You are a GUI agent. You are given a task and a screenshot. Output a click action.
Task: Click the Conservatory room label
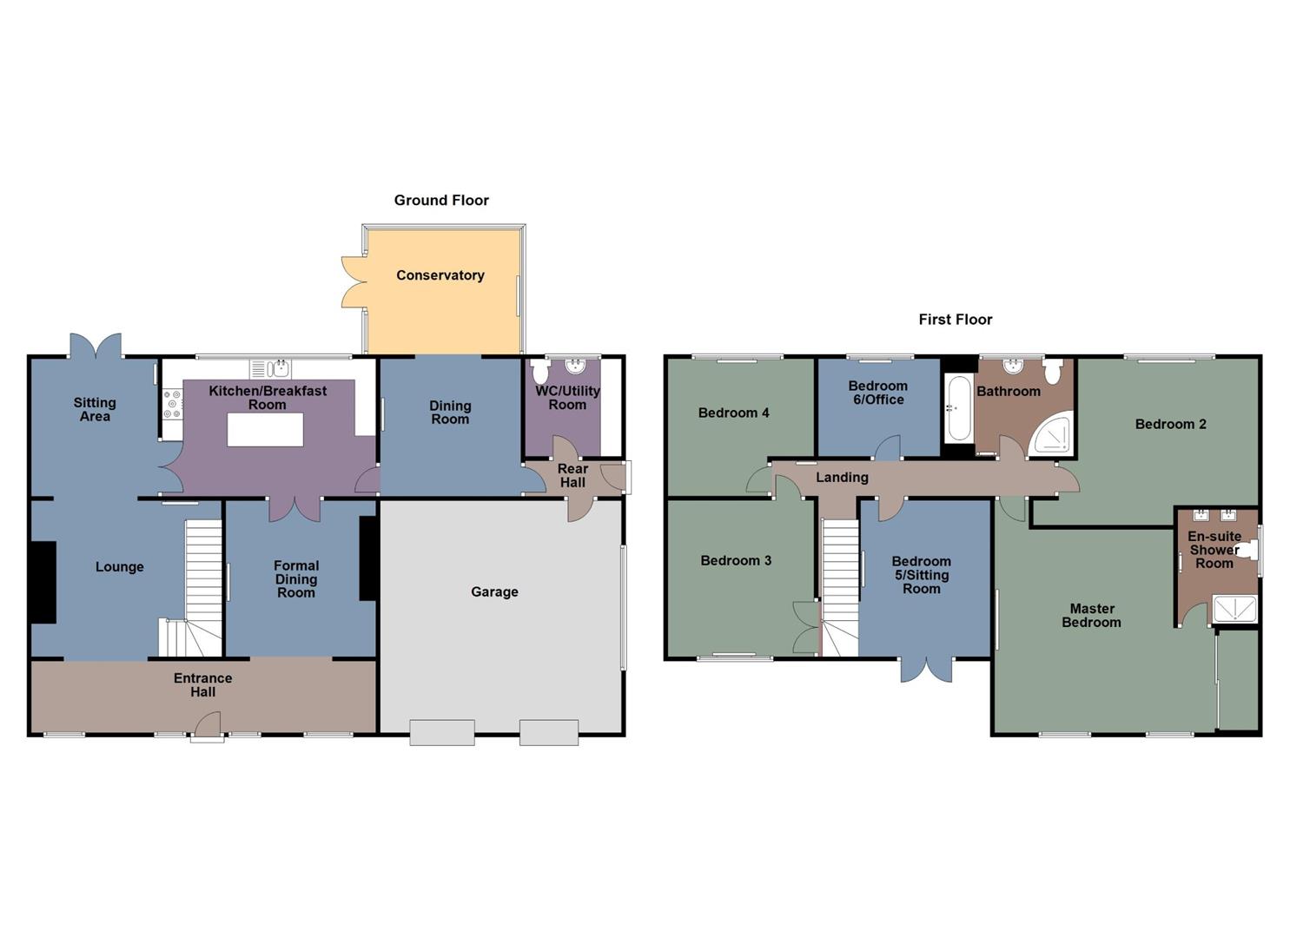pos(440,275)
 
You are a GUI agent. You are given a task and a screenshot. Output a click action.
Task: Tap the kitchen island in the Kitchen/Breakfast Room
pos(265,430)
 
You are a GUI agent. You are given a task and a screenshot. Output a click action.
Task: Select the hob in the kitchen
pos(172,405)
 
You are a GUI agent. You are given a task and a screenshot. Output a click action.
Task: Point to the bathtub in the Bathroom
pos(957,408)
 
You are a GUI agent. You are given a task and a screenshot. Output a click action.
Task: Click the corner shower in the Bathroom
pos(1055,435)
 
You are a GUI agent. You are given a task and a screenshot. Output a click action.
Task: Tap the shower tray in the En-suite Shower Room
pos(1234,609)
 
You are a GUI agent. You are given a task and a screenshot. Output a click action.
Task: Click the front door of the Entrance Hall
pos(207,727)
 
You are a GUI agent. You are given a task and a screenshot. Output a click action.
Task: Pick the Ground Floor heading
pos(441,201)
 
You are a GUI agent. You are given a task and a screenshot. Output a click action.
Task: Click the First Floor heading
pos(955,320)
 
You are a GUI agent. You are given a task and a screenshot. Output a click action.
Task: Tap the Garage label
pos(494,591)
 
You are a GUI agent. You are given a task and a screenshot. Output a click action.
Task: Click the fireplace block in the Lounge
pos(43,582)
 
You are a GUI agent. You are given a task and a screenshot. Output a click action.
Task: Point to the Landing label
pos(842,477)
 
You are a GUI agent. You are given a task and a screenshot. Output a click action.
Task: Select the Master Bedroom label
pos(1091,616)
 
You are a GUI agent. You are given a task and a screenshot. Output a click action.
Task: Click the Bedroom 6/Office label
pos(877,393)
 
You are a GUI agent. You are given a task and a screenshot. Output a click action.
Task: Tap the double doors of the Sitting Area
pos(96,347)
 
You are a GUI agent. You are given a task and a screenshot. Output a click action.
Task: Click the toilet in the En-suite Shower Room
pos(1247,550)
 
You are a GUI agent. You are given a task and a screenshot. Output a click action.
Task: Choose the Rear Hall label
pos(572,476)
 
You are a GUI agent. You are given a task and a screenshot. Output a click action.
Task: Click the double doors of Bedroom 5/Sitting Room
pos(926,670)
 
